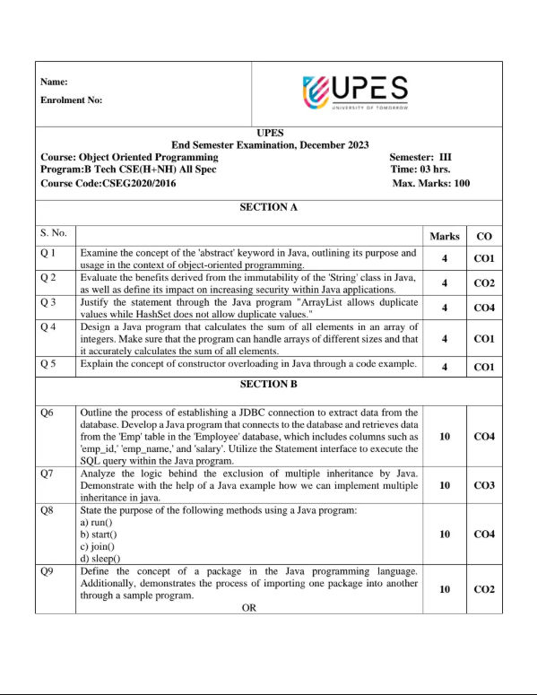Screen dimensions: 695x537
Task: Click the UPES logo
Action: (x=356, y=92)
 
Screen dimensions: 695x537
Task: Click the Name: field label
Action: (x=55, y=83)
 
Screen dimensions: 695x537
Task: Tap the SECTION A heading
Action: (x=269, y=207)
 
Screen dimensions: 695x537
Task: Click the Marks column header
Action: (x=445, y=237)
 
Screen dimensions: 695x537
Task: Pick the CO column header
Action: (x=484, y=237)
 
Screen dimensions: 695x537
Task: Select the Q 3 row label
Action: (x=50, y=303)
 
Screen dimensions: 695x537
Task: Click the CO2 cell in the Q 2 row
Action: (x=484, y=283)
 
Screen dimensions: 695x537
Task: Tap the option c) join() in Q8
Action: (x=100, y=546)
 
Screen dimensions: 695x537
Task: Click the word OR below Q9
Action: (x=249, y=607)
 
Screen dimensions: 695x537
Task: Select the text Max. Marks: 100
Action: (x=431, y=183)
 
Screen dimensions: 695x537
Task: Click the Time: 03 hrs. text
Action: (x=425, y=169)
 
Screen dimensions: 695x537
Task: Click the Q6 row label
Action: (x=48, y=413)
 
